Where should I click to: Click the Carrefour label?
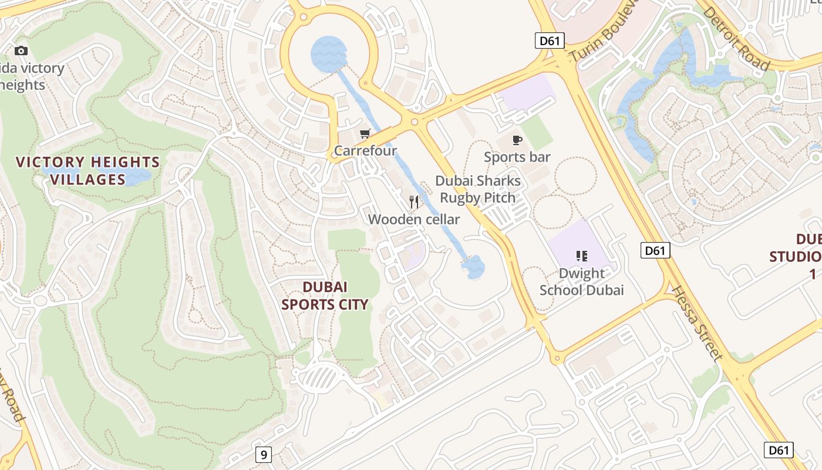coord(365,151)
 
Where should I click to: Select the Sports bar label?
coord(517,157)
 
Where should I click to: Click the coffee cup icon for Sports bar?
coord(517,140)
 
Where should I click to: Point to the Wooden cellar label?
coord(414,219)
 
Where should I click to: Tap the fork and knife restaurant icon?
coord(414,202)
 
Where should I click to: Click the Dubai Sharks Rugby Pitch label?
coord(478,189)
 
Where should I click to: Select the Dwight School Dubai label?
coord(581,281)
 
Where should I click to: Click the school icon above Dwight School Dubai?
coord(582,256)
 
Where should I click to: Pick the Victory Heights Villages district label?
coord(87,170)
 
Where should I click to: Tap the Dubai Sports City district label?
coord(325,296)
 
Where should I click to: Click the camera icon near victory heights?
coord(21,51)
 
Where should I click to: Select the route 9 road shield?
coord(264,455)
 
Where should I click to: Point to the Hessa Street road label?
coord(696,323)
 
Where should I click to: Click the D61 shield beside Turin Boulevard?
coord(550,41)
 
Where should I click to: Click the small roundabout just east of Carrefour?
coord(415,122)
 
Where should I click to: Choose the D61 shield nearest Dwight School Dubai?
coord(655,251)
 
